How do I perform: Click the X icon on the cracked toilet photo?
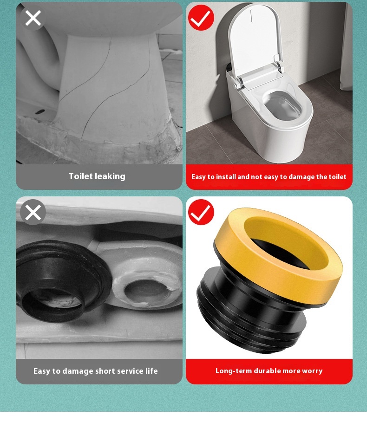tap(33, 18)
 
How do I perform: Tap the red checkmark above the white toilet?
tap(201, 18)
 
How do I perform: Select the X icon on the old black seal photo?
tap(33, 212)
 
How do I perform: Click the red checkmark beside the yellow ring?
tap(201, 212)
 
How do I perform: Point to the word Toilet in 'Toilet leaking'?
tap(80, 176)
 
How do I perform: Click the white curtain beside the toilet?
tap(346, 46)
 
